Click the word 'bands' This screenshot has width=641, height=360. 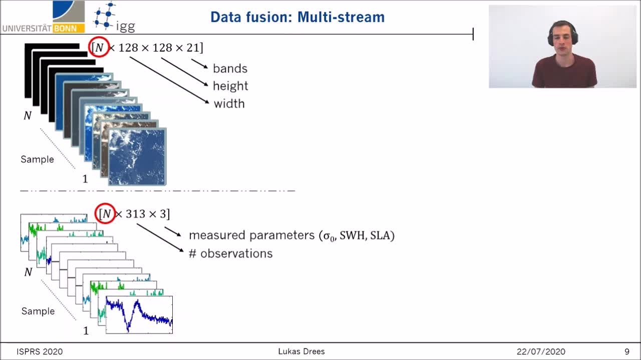tap(230, 69)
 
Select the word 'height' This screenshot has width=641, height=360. tap(230, 86)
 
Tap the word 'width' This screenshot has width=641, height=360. tap(229, 104)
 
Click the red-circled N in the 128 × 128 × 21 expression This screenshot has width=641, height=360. tap(99, 47)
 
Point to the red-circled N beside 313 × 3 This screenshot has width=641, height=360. tap(105, 213)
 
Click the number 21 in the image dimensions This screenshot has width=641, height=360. tap(193, 48)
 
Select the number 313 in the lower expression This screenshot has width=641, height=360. tap(136, 214)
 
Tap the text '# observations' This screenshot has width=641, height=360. tap(231, 253)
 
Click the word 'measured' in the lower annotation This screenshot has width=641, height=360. tap(217, 235)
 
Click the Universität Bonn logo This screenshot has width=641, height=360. tap(44, 17)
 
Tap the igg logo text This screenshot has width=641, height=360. tap(125, 27)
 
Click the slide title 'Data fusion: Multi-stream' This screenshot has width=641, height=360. tap(297, 17)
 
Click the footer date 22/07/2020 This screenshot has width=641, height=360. tap(541, 351)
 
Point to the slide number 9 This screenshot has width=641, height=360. tap(626, 351)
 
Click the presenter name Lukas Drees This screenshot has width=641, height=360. tap(301, 351)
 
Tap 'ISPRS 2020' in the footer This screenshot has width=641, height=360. tap(40, 351)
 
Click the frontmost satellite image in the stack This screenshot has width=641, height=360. tap(137, 157)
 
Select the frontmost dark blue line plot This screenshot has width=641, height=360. tap(139, 315)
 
